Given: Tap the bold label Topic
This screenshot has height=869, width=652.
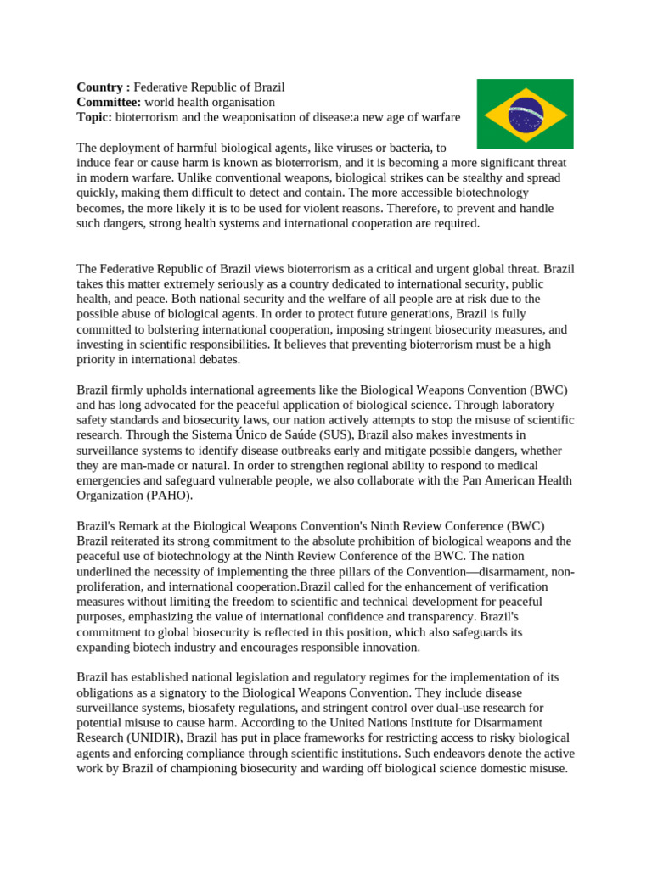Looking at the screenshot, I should pos(94,117).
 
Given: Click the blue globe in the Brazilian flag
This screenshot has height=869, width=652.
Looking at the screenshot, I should pos(526,115).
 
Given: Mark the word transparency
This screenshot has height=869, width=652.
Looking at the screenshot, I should pos(466,617).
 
